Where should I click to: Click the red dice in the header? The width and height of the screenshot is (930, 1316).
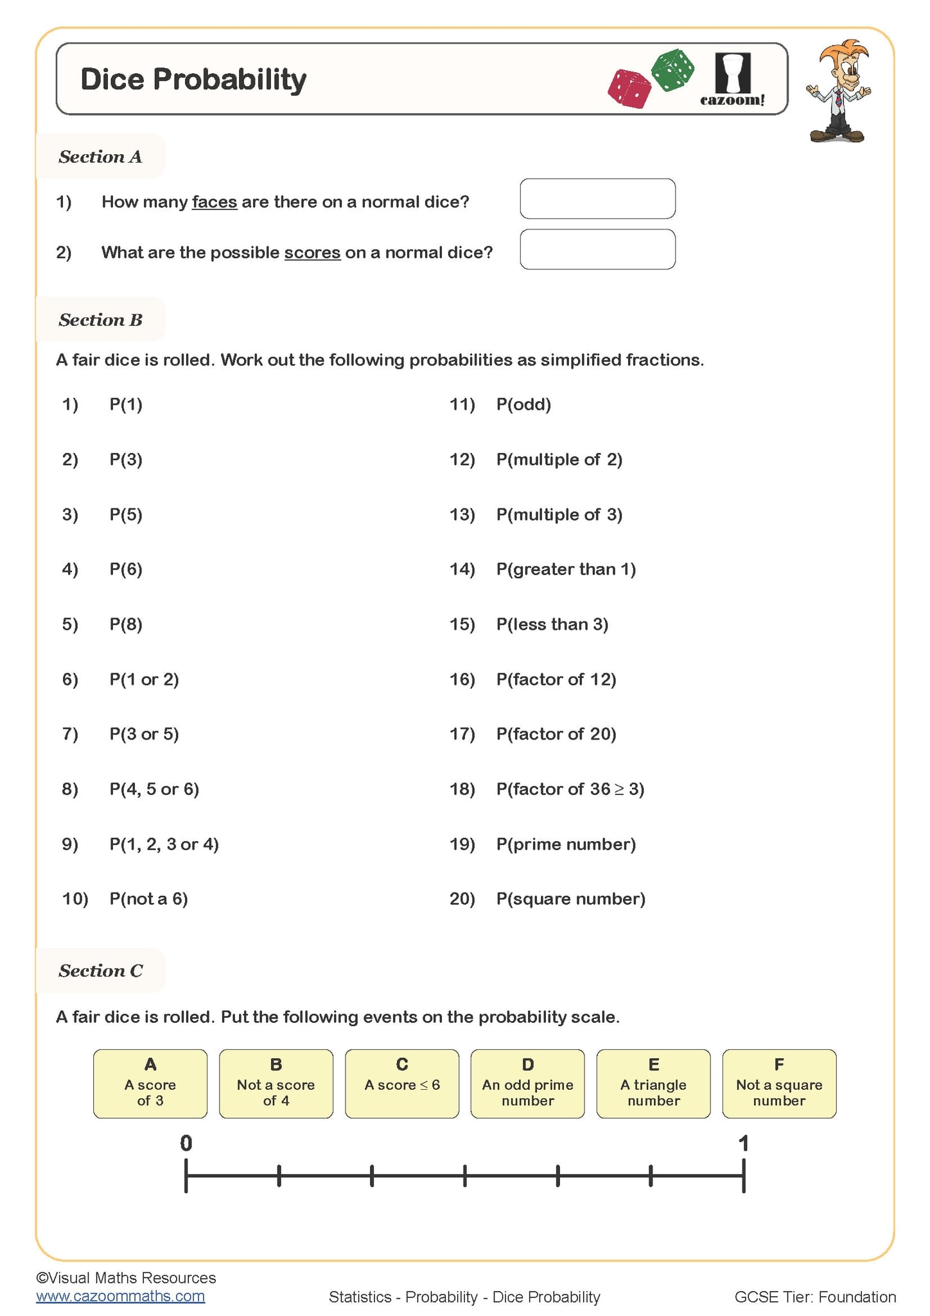click(x=629, y=89)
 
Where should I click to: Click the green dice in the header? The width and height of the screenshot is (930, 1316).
click(x=672, y=69)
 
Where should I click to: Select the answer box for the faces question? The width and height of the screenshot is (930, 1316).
click(x=597, y=199)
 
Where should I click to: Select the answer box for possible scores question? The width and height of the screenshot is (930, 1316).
click(x=597, y=249)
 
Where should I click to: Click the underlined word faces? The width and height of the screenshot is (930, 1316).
click(x=215, y=202)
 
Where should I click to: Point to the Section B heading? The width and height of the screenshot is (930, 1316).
click(x=100, y=319)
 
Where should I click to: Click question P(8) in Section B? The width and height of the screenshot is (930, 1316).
click(x=126, y=624)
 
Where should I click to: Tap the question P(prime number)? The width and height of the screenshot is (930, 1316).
click(x=566, y=844)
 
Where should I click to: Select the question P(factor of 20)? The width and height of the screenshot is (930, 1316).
click(x=556, y=734)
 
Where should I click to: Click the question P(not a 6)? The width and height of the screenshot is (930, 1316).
click(x=148, y=898)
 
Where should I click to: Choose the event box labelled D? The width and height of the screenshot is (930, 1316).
click(x=527, y=1084)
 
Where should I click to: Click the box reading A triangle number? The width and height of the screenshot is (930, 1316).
click(x=653, y=1084)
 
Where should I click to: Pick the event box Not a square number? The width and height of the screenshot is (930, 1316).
click(x=779, y=1084)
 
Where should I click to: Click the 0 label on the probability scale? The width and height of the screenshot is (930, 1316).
click(x=186, y=1143)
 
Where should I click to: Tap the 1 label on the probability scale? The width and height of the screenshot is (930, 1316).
click(x=744, y=1143)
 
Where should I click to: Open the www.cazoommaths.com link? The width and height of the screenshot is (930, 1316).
click(x=121, y=1296)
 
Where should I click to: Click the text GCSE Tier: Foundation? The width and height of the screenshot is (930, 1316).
click(x=815, y=1297)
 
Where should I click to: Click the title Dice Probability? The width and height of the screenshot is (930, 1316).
click(x=193, y=80)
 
